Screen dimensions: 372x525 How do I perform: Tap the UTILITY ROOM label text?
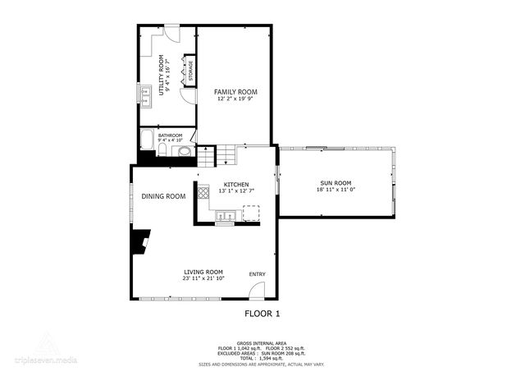tap(162, 76)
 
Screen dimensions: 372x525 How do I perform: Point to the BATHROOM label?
tap(170, 135)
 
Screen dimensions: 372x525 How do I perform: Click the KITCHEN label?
tap(235, 184)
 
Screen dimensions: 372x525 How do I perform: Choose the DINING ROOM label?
tap(163, 196)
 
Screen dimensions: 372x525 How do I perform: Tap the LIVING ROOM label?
tap(203, 272)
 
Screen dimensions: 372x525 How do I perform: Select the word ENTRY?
tap(258, 273)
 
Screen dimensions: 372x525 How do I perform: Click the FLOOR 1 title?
tap(262, 314)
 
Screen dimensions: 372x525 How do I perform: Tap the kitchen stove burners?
tap(202, 195)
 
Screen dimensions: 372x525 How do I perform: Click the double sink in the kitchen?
tap(227, 217)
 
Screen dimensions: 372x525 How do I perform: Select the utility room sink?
tap(144, 94)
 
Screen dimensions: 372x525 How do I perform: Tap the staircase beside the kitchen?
tap(226, 154)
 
